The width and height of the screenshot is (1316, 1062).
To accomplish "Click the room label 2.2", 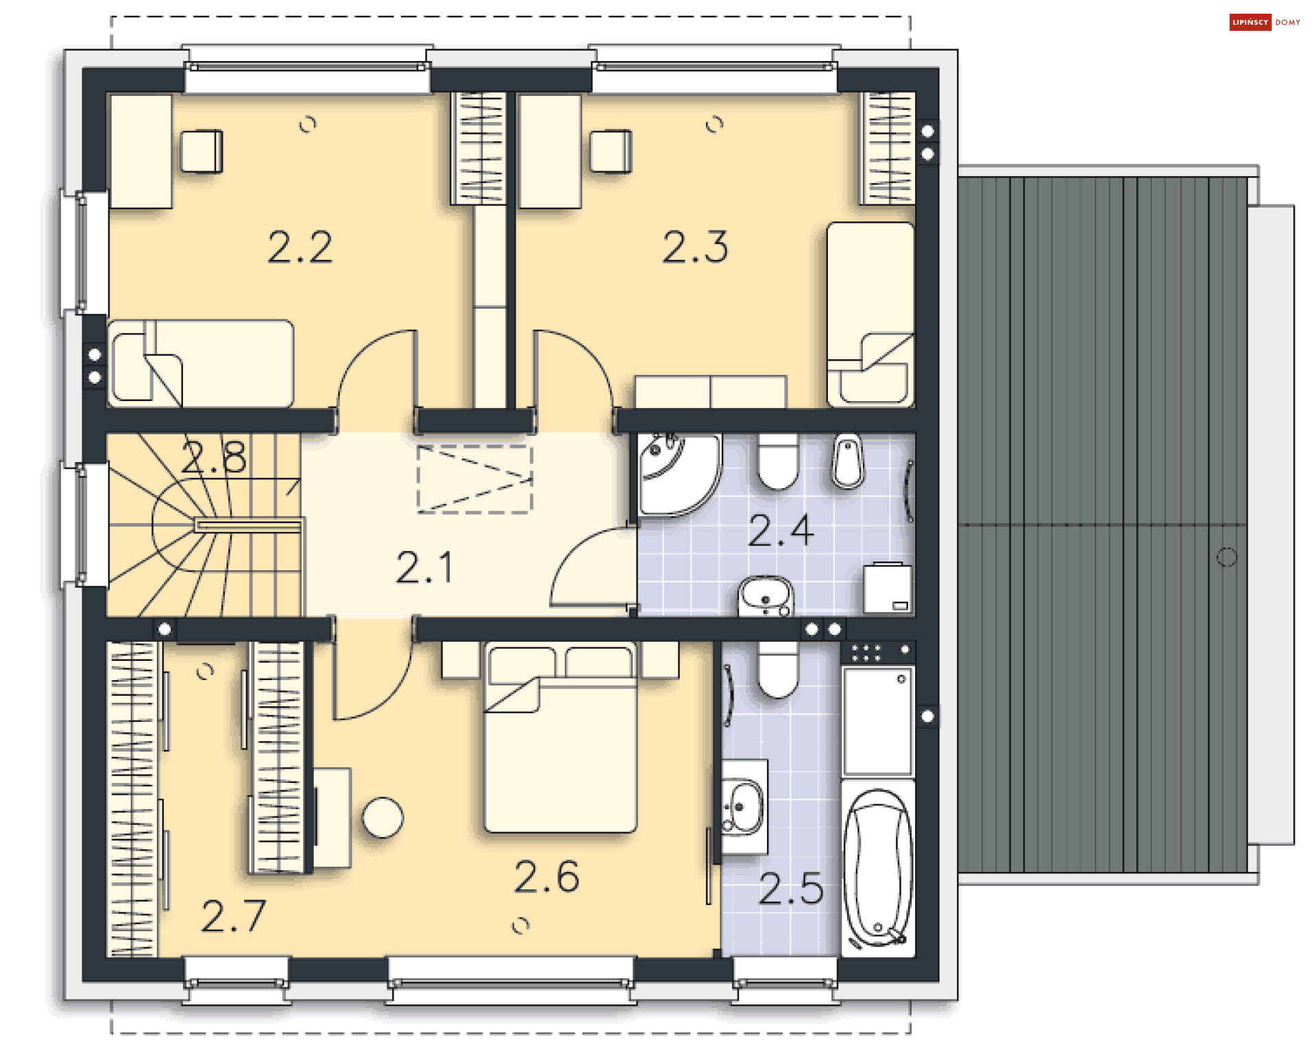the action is tap(300, 248).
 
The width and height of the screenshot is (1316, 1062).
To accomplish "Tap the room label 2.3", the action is tap(695, 248).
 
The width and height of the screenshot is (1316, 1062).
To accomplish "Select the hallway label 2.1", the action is tap(425, 568).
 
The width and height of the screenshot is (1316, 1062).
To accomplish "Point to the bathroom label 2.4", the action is tap(781, 531).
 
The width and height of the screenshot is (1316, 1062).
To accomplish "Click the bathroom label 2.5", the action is tap(791, 889).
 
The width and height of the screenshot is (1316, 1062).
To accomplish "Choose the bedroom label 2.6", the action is tap(547, 877).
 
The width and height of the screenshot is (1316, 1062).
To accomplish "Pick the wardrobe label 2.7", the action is tap(234, 916).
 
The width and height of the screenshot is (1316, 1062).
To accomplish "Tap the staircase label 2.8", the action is tap(214, 457).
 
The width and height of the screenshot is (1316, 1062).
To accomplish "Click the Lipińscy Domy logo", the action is tap(1265, 22).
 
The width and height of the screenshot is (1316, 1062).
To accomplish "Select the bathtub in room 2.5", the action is tap(878, 868).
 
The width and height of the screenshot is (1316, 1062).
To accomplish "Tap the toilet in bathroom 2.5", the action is tap(778, 669).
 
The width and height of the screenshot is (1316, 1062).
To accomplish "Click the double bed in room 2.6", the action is tap(561, 738).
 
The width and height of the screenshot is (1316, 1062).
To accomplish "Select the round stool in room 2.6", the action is tap(382, 818).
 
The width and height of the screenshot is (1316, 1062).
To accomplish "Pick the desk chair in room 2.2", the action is tap(202, 151).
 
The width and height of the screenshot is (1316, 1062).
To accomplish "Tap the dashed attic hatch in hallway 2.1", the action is tap(475, 479).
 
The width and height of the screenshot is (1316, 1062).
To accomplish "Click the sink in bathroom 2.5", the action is tap(744, 807).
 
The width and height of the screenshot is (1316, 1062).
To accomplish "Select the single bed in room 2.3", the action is tap(870, 315).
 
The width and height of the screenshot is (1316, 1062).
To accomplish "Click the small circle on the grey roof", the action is tap(1226, 557).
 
